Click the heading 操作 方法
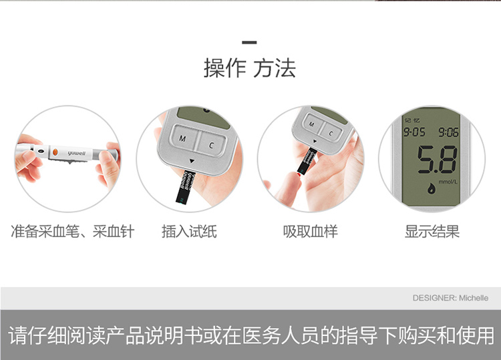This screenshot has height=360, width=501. pyautogui.click(x=250, y=68)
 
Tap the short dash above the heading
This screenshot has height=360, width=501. pyautogui.click(x=250, y=42)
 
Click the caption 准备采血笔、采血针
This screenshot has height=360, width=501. pyautogui.click(x=73, y=232)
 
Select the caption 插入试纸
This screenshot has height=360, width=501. pyautogui.click(x=189, y=232)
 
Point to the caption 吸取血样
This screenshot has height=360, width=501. pyautogui.click(x=310, y=232)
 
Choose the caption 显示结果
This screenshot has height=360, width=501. pyautogui.click(x=432, y=232)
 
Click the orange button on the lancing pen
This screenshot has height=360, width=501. pyautogui.click(x=55, y=152)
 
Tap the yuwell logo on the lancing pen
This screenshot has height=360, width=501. pyautogui.click(x=77, y=154)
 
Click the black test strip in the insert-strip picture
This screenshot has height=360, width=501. pyautogui.click(x=184, y=187)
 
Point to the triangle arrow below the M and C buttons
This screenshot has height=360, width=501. pyautogui.click(x=192, y=161)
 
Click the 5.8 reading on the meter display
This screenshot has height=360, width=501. pyautogui.click(x=437, y=160)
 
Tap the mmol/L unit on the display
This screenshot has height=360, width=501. pyautogui.click(x=448, y=182)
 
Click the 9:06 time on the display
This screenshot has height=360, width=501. pyautogui.click(x=448, y=132)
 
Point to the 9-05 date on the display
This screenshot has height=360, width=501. pyautogui.click(x=414, y=132)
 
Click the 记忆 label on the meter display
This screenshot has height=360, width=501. pyautogui.click(x=412, y=120)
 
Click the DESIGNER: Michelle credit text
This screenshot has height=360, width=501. pyautogui.click(x=450, y=298)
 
